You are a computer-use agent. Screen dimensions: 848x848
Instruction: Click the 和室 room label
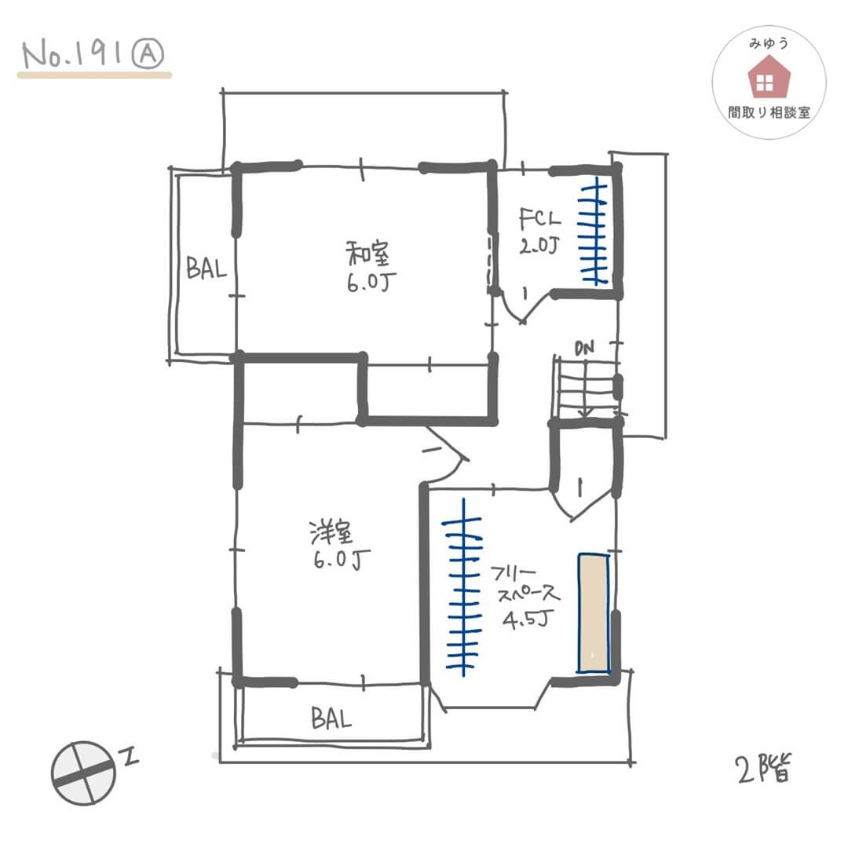click(x=367, y=254)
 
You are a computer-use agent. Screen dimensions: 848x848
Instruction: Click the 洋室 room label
click(x=331, y=532)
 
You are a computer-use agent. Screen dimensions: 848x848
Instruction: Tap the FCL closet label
click(x=539, y=219)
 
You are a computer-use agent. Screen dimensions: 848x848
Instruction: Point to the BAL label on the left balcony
click(x=206, y=268)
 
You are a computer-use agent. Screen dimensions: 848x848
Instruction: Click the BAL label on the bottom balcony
click(x=331, y=718)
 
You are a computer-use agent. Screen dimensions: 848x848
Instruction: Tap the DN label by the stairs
click(x=584, y=349)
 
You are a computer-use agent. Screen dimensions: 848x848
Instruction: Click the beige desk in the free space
click(x=594, y=612)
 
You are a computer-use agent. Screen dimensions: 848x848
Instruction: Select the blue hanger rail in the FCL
click(x=594, y=230)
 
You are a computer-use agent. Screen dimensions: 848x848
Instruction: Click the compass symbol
click(x=83, y=773)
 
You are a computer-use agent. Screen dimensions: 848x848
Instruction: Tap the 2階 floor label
click(x=764, y=769)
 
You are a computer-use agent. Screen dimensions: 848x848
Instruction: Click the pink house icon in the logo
click(x=769, y=77)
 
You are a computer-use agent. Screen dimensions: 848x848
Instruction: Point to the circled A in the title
click(x=148, y=55)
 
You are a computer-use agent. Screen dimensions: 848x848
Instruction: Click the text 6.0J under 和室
click(x=371, y=283)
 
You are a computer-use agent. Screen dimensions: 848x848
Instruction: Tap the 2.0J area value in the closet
click(x=539, y=247)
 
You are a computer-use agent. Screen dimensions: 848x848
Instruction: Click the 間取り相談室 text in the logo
click(x=769, y=112)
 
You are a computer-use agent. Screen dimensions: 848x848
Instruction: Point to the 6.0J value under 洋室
click(x=342, y=559)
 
